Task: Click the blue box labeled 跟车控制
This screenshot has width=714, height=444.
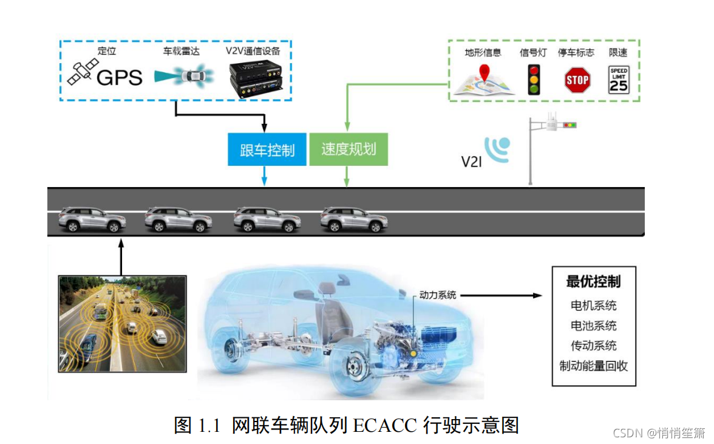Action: point(267,149)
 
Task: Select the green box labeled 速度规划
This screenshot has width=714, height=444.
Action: point(348,149)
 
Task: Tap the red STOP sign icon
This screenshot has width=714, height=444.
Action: point(577,80)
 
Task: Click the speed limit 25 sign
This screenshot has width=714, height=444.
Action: point(619,80)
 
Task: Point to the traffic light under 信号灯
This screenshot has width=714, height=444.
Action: point(534,80)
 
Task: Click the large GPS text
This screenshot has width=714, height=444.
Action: point(120,77)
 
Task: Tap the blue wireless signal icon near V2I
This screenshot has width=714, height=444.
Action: point(498,148)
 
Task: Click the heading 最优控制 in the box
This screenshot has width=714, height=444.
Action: point(593,282)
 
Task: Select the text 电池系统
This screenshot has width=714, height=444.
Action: point(593,326)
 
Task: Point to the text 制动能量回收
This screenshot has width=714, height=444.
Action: point(593,366)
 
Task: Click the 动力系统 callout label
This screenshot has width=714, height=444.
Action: point(437,295)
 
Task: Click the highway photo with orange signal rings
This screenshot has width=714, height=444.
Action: point(122,323)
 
